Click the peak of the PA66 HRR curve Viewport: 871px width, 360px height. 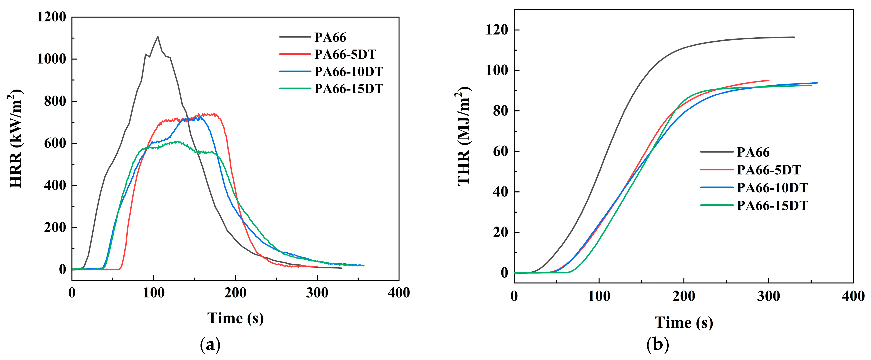[x=157, y=36]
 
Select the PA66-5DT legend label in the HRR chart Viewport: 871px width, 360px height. [x=345, y=54]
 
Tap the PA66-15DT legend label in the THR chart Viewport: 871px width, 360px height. [x=772, y=205]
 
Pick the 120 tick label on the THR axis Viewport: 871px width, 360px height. [x=497, y=30]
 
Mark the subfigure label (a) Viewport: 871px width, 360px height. [x=210, y=345]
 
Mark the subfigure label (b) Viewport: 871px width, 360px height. [x=658, y=345]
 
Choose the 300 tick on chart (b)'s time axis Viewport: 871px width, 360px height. [x=769, y=296]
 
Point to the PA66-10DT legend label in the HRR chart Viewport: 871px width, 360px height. [x=349, y=71]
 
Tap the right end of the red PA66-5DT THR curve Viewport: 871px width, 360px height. [x=769, y=80]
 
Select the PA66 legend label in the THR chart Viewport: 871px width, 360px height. [x=753, y=152]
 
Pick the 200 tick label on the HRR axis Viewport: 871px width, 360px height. [x=55, y=227]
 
